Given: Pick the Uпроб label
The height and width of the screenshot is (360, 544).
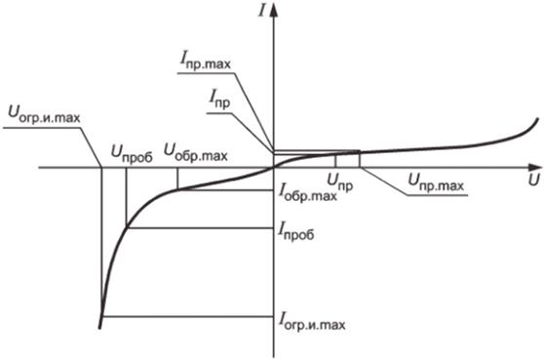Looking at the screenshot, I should (132, 151).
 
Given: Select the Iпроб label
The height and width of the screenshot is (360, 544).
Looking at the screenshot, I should (301, 232).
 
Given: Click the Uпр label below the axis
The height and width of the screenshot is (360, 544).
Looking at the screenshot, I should (340, 180).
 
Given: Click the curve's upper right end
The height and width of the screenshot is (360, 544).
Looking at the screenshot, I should (537, 118).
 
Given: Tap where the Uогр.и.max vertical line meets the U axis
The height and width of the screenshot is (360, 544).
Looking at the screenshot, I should (102, 167).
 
